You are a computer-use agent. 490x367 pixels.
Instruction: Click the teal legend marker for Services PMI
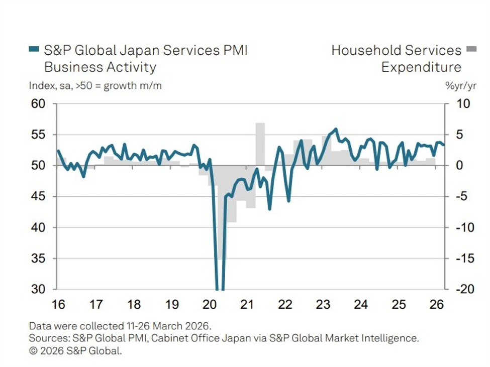tap(34, 50)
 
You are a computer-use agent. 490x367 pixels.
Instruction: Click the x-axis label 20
tap(210, 305)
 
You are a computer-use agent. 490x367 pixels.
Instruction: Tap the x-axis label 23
tap(323, 305)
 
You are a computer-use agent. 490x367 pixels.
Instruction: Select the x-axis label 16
tap(58, 305)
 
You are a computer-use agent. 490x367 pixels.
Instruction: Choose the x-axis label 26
tap(437, 305)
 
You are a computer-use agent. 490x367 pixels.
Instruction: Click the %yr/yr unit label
tap(460, 86)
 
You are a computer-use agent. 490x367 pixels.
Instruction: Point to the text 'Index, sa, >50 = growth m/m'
tap(95, 86)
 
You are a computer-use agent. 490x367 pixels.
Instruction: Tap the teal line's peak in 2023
tap(336, 129)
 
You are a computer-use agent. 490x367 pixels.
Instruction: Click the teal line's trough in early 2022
tap(288, 201)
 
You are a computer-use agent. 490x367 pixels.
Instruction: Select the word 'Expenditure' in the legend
tap(421, 67)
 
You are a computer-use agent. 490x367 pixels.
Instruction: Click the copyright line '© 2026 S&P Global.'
tap(75, 351)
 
